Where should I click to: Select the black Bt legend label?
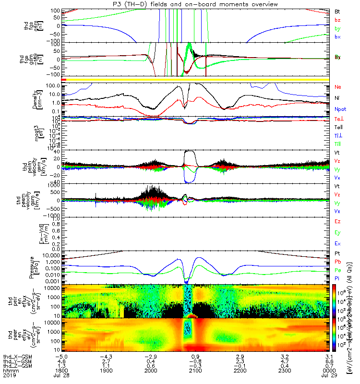pos(337,11)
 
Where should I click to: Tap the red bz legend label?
pos(337,19)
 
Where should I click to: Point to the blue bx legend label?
pos(337,36)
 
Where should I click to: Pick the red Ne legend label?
pos(338,87)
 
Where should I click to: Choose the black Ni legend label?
pos(337,98)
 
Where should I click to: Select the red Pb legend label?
pos(338,262)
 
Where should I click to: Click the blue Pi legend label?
pos(337,279)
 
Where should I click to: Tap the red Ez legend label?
pos(338,221)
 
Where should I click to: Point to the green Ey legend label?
pos(338,232)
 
